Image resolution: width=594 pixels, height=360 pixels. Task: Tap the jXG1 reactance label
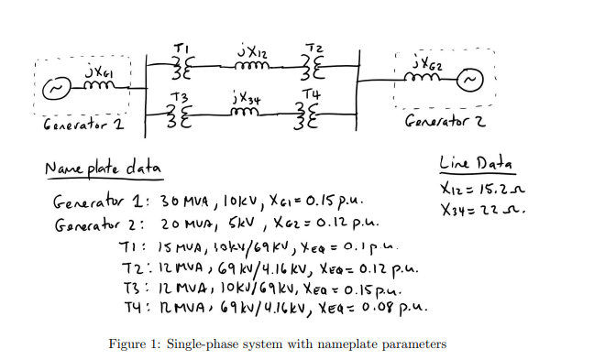click(93, 70)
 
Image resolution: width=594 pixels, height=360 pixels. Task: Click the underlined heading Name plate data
click(102, 170)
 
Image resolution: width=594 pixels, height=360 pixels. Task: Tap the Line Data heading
click(476, 163)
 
